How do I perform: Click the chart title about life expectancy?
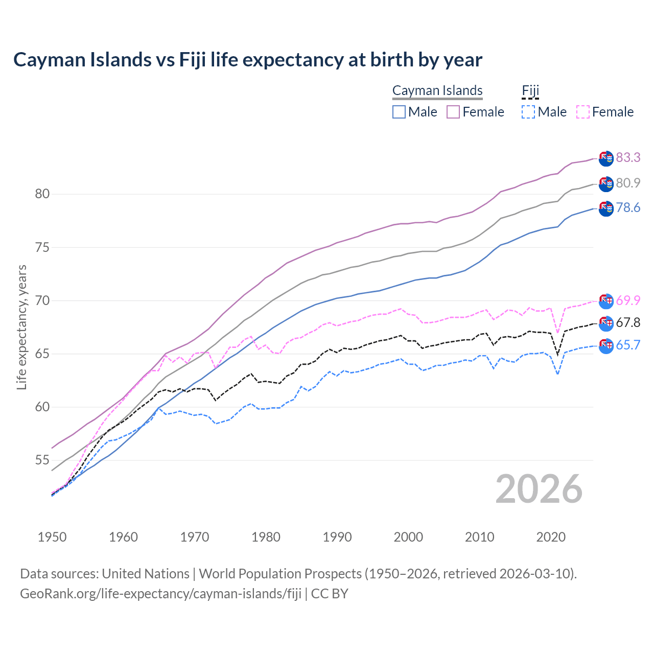tap(248, 60)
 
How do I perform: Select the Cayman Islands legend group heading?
tap(437, 90)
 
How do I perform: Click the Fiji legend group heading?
tap(530, 90)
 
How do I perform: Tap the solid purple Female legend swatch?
tap(453, 112)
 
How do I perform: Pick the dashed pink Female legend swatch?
tap(583, 112)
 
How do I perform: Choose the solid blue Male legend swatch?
tap(399, 112)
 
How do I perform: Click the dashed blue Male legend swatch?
tap(528, 112)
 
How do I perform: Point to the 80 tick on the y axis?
tap(42, 194)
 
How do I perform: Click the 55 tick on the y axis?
tap(42, 460)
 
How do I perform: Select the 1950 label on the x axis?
tap(52, 537)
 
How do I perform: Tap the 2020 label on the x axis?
tap(551, 537)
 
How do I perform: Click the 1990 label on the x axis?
tap(337, 537)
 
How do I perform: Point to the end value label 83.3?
tap(628, 157)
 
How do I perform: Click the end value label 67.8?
tap(628, 322)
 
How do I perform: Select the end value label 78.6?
tap(628, 207)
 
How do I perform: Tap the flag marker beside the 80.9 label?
tap(606, 184)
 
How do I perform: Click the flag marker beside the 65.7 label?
tap(606, 346)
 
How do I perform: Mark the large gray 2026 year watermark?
tap(539, 489)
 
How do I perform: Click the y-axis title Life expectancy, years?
tap(22, 327)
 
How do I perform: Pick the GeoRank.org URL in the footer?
tap(160, 594)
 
